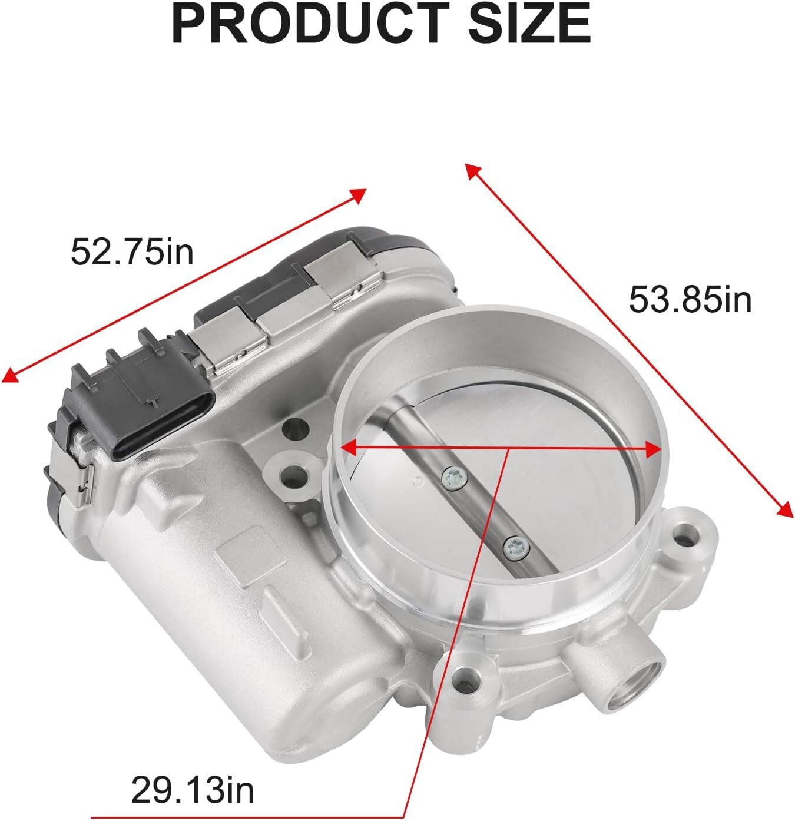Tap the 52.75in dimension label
tap(132, 252)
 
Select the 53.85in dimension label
tap(690, 300)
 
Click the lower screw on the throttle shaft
tap(516, 548)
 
